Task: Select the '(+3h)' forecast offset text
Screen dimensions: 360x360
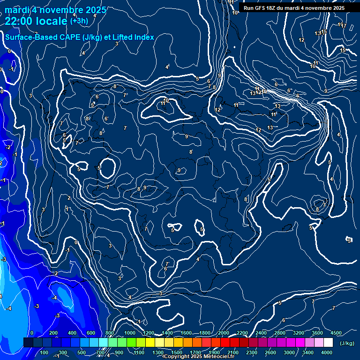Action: pyautogui.click(x=79, y=21)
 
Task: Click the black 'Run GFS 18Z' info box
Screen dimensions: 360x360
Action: pyautogui.click(x=294, y=8)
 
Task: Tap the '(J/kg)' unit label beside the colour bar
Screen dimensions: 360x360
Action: pyautogui.click(x=347, y=344)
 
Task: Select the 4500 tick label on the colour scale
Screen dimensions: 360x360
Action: pyautogui.click(x=336, y=333)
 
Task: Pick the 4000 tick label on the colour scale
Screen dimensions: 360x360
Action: pyautogui.click(x=327, y=352)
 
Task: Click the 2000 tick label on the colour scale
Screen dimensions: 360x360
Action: pyautogui.click(x=223, y=333)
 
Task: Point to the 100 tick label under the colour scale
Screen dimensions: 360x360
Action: pyautogui.click(x=45, y=352)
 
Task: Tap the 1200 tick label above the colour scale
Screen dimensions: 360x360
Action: pyautogui.click(x=148, y=333)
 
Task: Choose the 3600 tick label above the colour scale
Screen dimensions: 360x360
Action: pyautogui.click(x=317, y=333)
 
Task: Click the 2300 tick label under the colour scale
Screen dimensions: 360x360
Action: pyautogui.click(x=252, y=352)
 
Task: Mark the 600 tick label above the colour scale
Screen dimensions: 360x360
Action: pyautogui.click(x=91, y=333)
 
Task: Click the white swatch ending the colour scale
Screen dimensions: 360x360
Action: pyautogui.click(x=328, y=343)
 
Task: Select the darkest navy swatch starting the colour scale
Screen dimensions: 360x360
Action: pyautogui.click(x=28, y=343)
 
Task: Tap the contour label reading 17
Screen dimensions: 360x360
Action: pyautogui.click(x=344, y=26)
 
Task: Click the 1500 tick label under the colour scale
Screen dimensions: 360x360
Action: pyautogui.click(x=177, y=352)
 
